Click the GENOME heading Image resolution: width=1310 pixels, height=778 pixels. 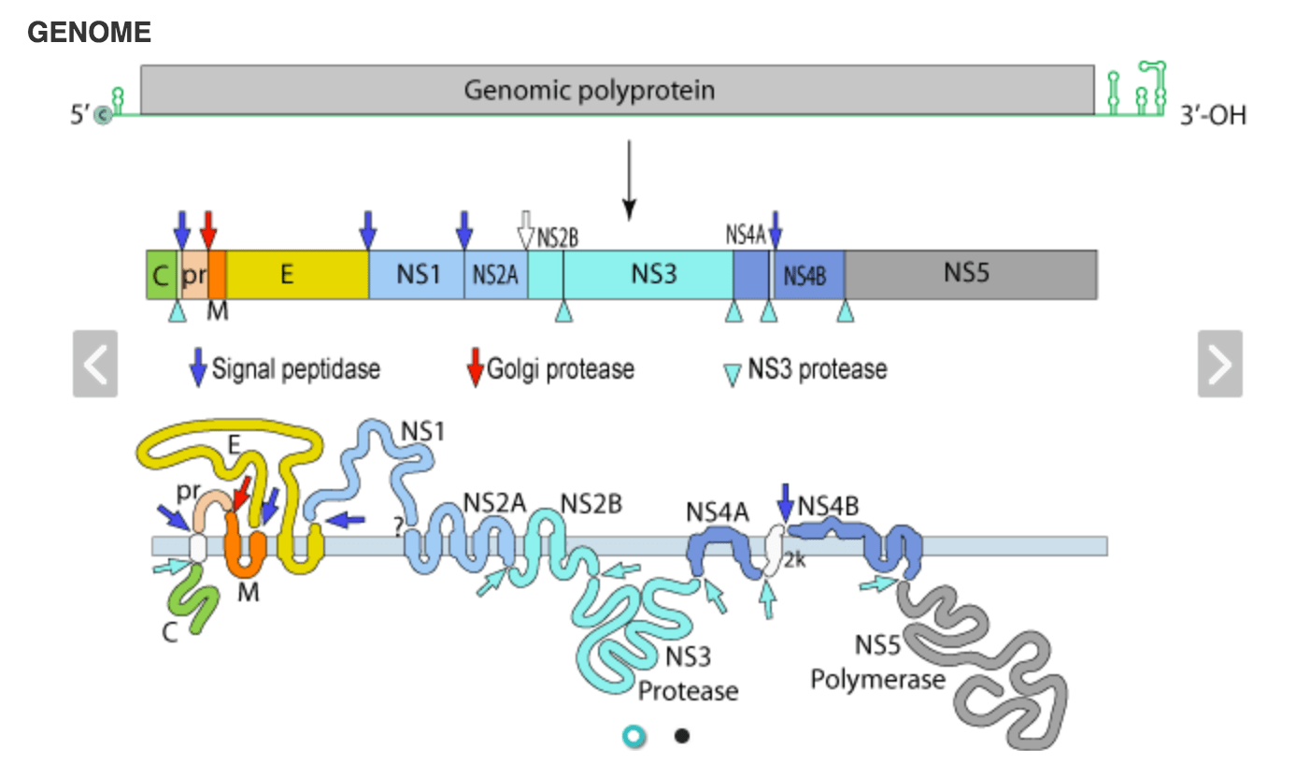coord(89,33)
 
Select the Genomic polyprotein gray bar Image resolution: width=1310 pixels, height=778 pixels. coord(617,90)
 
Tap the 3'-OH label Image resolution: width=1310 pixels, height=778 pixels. coord(1212,116)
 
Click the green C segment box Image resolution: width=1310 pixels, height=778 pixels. coord(161,275)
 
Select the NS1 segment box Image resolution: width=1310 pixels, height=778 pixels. coord(417,275)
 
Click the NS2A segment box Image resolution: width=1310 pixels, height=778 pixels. coord(495,275)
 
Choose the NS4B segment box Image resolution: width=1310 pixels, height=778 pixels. coord(809,275)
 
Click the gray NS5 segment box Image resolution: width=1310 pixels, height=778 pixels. coord(970,275)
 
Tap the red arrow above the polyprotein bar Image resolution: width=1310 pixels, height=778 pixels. coord(208,227)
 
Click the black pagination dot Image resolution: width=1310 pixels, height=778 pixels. coord(681,736)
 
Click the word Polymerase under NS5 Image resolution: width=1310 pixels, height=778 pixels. coord(877,680)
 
